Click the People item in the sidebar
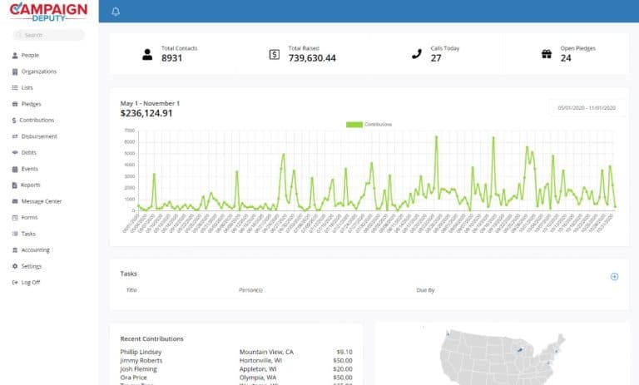[x=30, y=56]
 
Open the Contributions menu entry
[x=37, y=121]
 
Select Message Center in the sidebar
[x=41, y=201]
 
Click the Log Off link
[x=30, y=283]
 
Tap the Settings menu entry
[x=31, y=266]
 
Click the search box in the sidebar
[x=48, y=35]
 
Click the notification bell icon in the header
[x=116, y=12]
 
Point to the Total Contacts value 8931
[x=172, y=58]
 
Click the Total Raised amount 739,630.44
[x=312, y=58]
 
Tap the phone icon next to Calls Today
[x=417, y=54]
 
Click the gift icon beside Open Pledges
[x=547, y=54]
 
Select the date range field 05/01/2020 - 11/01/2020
[x=587, y=108]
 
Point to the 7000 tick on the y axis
[x=128, y=131]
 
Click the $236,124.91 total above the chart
[x=146, y=113]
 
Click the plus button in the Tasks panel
[x=614, y=276]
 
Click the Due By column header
[x=425, y=290]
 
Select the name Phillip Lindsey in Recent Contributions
[x=141, y=352]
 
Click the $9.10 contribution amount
[x=344, y=352]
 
